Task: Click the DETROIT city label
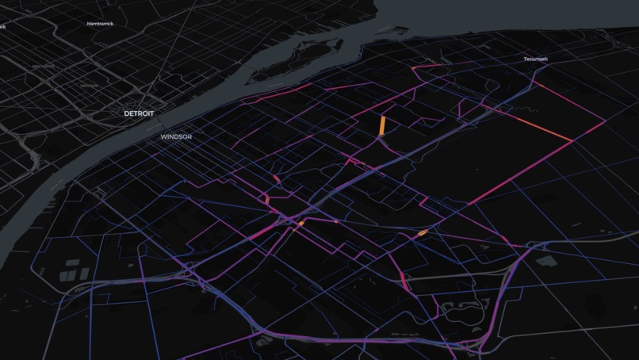(138, 113)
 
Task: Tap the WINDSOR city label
(176, 136)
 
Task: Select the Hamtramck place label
(101, 24)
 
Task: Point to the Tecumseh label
(536, 59)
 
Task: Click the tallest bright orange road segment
(382, 126)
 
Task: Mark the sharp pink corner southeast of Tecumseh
(572, 142)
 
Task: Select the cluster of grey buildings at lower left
(75, 270)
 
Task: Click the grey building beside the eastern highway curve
(545, 260)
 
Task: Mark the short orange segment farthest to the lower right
(423, 232)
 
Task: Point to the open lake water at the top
(515, 16)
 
